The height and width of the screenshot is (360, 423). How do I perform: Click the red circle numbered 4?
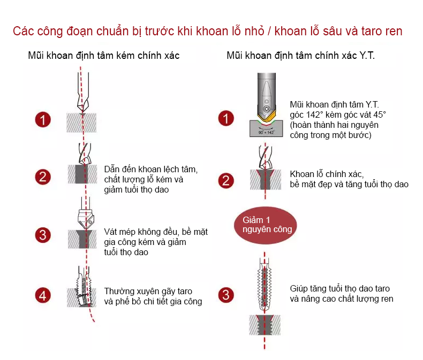(x=43, y=295)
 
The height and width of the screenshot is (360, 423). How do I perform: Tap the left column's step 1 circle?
(x=43, y=120)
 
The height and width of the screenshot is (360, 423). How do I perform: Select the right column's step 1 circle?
(x=226, y=118)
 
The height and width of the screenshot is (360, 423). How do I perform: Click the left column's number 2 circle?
(x=43, y=177)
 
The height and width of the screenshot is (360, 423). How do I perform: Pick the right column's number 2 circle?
(x=226, y=181)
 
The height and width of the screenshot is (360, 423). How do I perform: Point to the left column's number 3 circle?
(x=43, y=235)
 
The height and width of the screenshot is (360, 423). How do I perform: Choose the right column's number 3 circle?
(x=226, y=295)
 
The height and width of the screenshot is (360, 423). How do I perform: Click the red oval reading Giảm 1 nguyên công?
(x=265, y=225)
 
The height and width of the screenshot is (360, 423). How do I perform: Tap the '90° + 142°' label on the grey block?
(x=266, y=132)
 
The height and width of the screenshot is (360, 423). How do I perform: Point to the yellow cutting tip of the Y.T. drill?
(x=267, y=118)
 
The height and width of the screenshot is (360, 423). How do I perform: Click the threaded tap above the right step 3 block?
(x=265, y=286)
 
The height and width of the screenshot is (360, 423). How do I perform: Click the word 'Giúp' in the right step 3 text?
(x=298, y=289)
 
